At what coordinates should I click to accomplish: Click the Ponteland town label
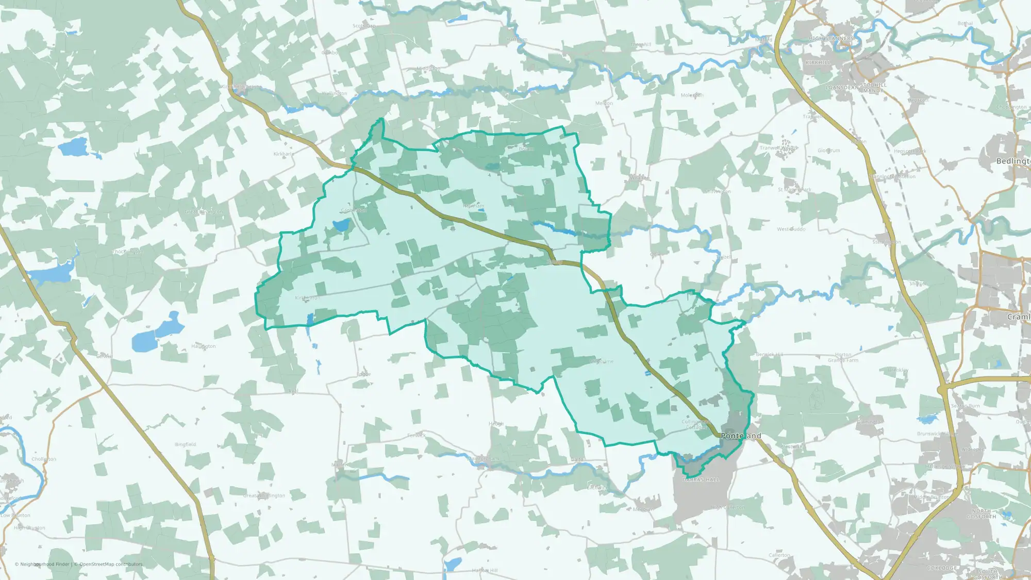[741, 436]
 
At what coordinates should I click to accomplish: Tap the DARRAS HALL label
[701, 480]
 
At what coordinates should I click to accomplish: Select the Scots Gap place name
[364, 26]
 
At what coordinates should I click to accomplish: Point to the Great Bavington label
[204, 212]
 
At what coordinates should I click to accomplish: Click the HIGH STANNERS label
[831, 39]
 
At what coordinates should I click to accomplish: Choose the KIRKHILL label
[818, 62]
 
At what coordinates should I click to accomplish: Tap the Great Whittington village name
[264, 496]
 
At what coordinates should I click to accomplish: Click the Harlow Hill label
[485, 571]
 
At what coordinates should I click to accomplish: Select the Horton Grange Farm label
[843, 358]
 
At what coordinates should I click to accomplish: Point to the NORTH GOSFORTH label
[982, 513]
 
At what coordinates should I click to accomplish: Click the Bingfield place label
[185, 444]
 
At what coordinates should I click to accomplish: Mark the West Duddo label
[791, 229]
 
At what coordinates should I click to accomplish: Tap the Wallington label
[335, 93]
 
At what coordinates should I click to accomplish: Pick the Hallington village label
[204, 346]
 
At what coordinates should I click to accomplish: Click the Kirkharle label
[284, 154]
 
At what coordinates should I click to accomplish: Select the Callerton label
[779, 555]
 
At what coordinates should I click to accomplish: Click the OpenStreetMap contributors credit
[110, 565]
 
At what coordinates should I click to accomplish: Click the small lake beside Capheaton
[341, 225]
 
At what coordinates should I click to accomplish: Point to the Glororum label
[828, 151]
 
